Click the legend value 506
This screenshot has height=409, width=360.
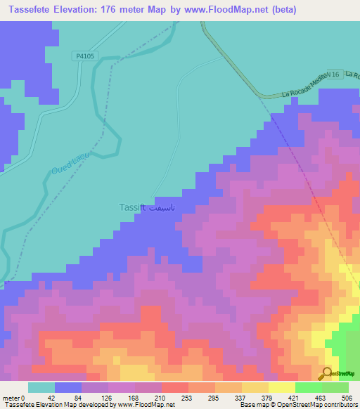pos(347,397)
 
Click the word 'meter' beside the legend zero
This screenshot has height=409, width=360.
pos(11,397)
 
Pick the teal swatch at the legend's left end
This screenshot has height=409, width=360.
pos(41,387)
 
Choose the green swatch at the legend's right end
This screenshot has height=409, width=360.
pos(335,387)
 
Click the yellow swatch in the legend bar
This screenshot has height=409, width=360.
pos(281,387)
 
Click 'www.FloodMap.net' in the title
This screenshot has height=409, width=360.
pos(231,10)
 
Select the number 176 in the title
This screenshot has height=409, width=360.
pos(113,10)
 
